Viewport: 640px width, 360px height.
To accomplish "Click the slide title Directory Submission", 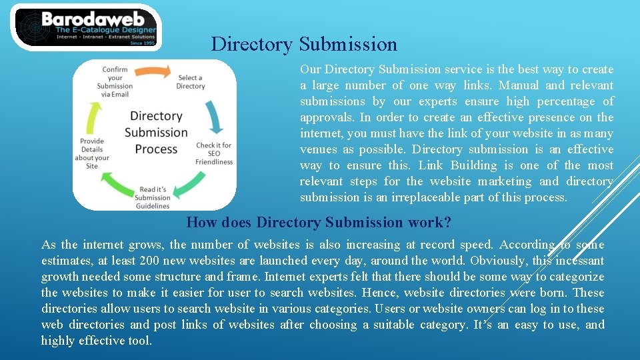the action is click(304, 44).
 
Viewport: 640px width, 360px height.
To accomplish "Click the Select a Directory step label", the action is click(191, 82).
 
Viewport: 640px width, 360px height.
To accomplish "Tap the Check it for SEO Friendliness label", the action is click(214, 153).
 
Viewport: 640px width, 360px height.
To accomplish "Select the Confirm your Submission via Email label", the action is click(115, 81).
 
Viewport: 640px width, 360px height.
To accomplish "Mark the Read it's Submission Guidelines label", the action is click(153, 197).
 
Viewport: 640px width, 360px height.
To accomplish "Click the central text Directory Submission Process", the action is click(156, 132).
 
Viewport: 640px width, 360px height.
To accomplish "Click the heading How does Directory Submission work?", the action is click(319, 222).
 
